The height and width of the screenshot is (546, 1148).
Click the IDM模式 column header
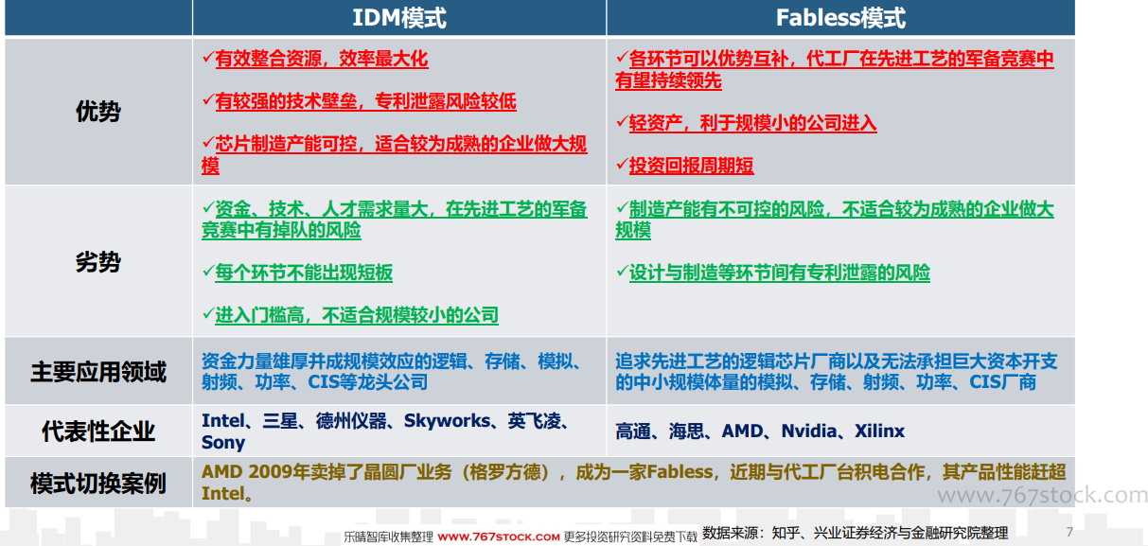(399, 18)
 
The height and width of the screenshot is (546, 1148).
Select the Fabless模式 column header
(840, 18)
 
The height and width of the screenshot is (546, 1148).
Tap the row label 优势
(97, 111)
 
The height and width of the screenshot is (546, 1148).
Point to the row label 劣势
(97, 262)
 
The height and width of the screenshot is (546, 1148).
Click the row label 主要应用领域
(97, 371)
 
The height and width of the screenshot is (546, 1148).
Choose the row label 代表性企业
(97, 431)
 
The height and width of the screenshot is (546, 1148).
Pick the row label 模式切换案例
(97, 483)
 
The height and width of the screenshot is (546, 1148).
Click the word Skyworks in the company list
(447, 421)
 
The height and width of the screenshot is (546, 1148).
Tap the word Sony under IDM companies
(223, 443)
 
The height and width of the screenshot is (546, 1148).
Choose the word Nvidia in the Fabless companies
(809, 432)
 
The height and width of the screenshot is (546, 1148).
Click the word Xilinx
(879, 432)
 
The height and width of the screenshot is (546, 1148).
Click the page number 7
(1069, 532)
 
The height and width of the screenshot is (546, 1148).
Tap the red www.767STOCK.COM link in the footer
(499, 537)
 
